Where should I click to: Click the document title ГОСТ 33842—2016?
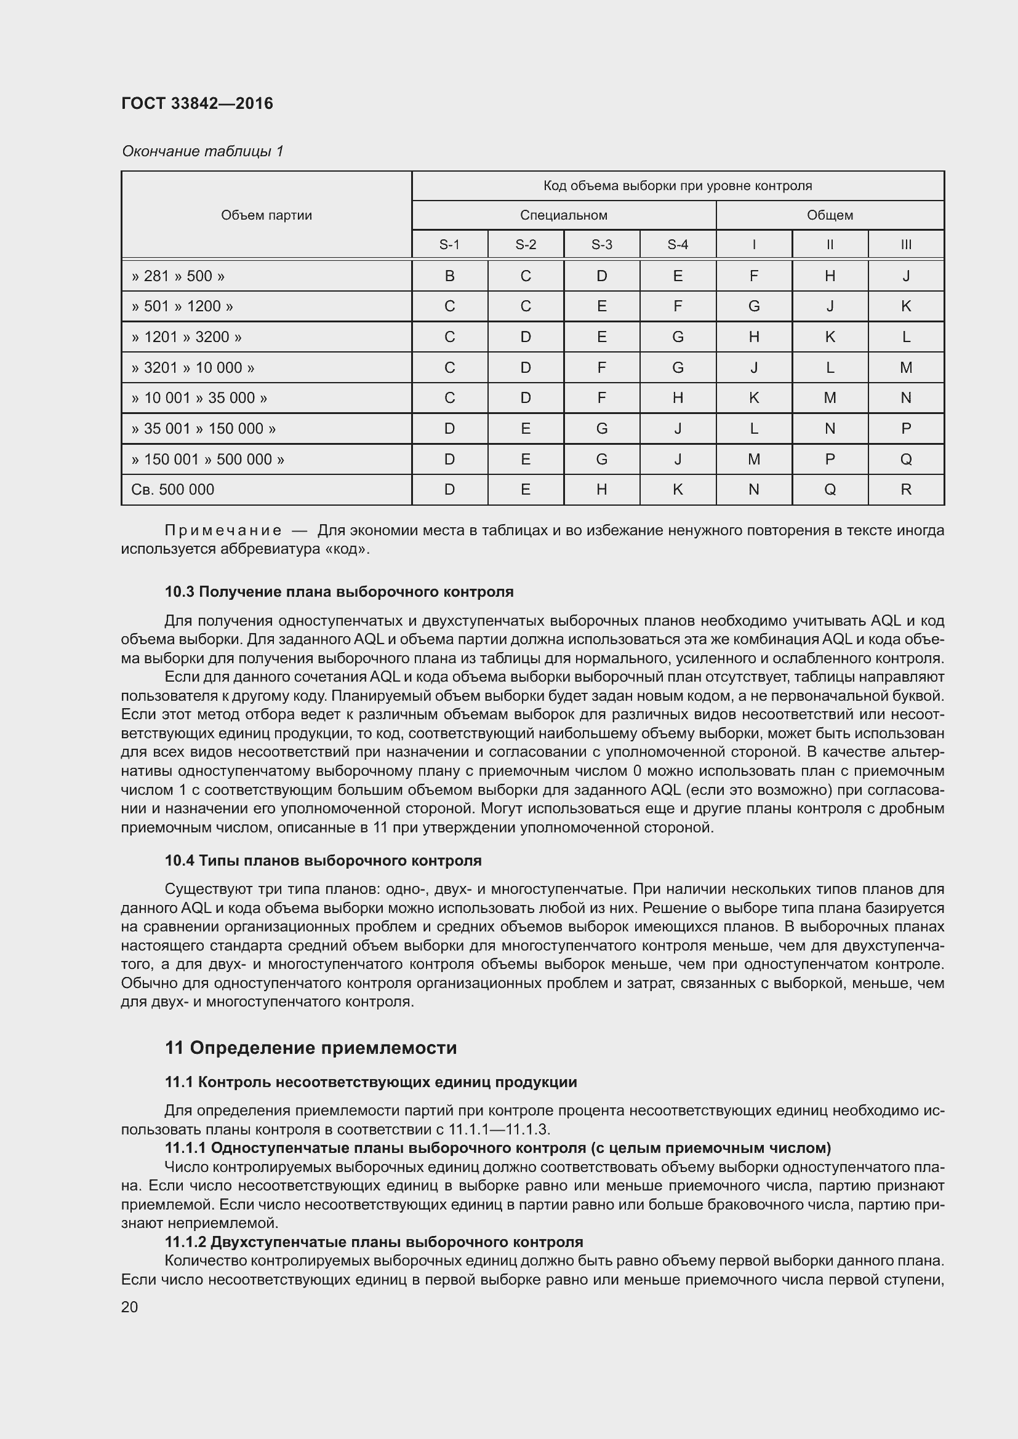click(x=197, y=103)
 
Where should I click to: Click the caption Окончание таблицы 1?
click(x=202, y=151)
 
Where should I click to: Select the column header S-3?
click(x=601, y=244)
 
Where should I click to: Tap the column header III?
click(x=905, y=244)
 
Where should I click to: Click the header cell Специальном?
click(x=563, y=215)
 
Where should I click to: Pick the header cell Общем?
click(x=829, y=215)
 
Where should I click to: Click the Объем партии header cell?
click(x=267, y=215)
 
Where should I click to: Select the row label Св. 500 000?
click(x=172, y=490)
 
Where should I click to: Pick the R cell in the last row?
click(x=905, y=490)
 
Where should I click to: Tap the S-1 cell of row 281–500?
click(x=449, y=276)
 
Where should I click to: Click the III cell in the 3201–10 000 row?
click(x=905, y=367)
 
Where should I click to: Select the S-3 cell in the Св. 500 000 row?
click(x=601, y=490)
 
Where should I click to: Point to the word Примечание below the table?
click(x=223, y=530)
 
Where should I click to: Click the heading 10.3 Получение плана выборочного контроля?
click(x=339, y=591)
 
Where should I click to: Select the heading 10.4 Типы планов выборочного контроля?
click(x=323, y=861)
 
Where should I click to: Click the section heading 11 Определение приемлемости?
click(x=310, y=1048)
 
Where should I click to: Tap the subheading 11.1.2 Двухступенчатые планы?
click(x=374, y=1242)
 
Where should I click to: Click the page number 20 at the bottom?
click(x=129, y=1307)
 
